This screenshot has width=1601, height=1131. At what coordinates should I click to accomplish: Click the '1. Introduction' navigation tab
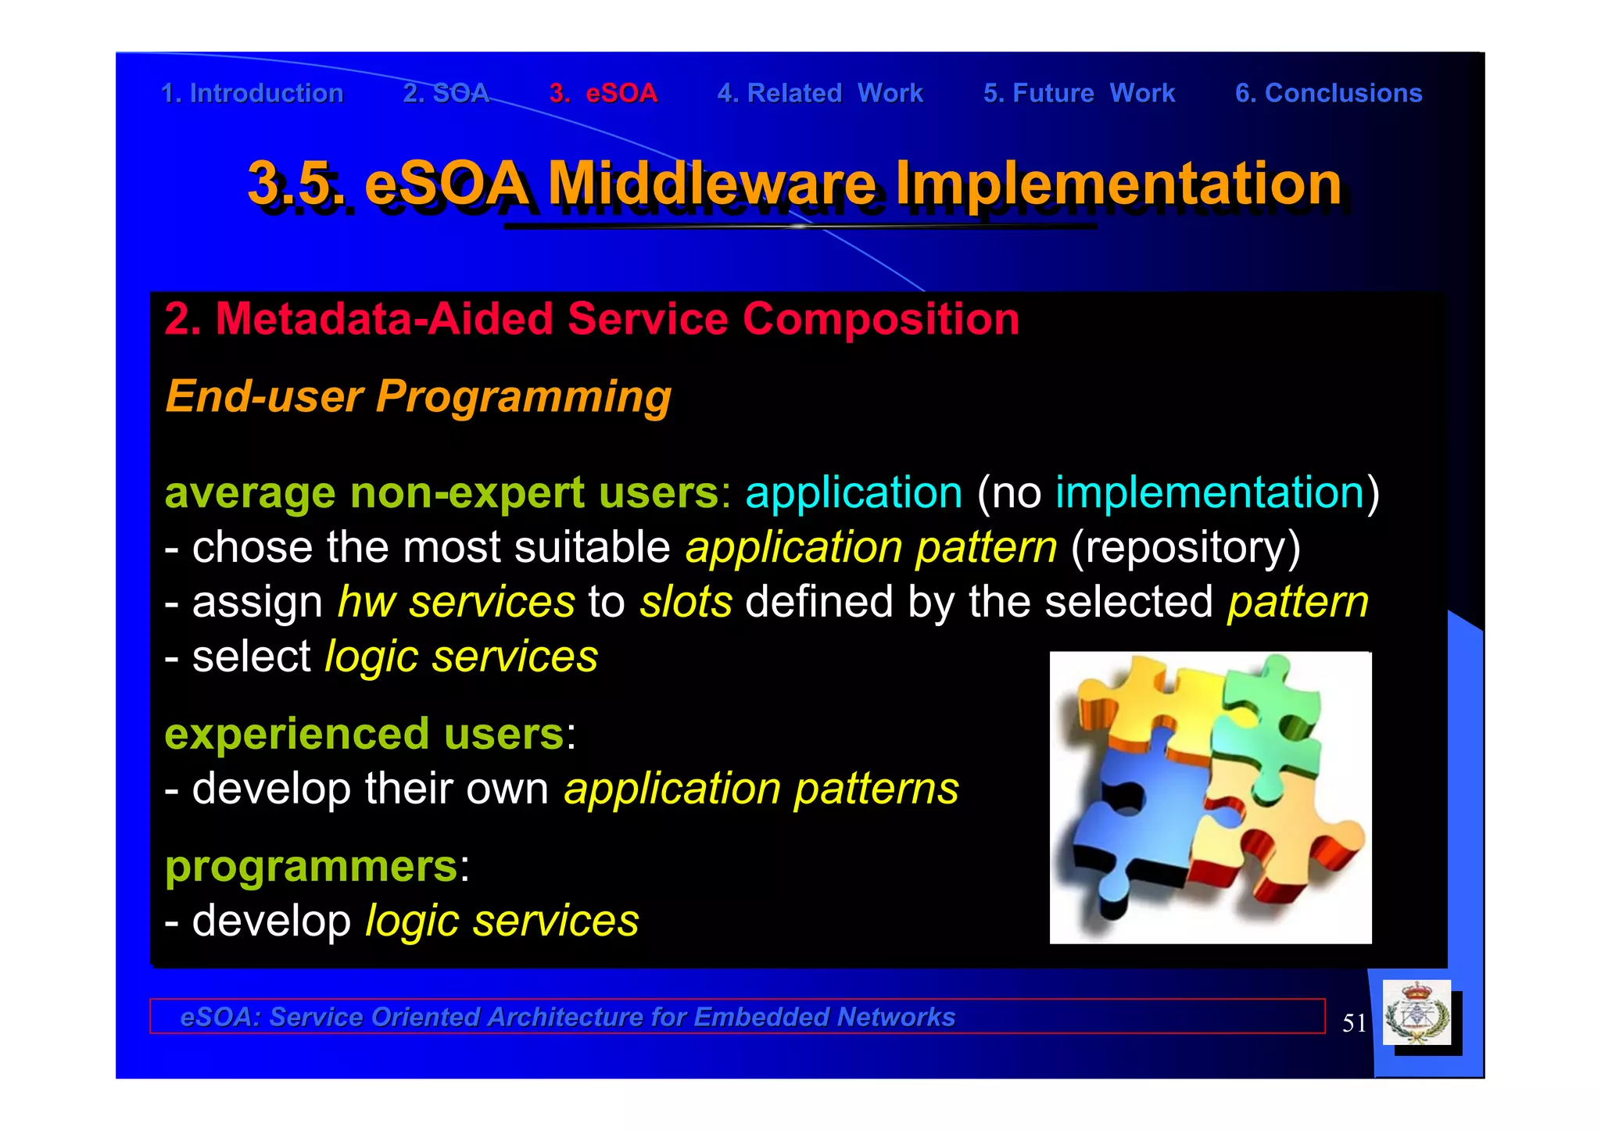252,94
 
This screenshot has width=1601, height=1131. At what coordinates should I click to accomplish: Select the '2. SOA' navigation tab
446,94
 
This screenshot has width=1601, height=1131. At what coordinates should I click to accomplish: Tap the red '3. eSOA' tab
603,94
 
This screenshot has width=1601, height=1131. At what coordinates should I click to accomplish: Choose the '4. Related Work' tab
819,94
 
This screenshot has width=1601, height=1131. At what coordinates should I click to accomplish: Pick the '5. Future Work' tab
1079,94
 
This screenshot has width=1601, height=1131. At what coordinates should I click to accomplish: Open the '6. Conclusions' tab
1328,94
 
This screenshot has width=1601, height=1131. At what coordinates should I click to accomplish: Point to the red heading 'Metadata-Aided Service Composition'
592,320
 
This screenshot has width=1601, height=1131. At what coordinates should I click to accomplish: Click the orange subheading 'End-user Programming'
418,396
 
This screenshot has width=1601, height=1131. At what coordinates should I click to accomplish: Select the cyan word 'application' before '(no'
853,493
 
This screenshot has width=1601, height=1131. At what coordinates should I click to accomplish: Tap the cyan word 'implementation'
1209,493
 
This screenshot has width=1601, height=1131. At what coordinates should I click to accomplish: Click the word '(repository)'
1185,547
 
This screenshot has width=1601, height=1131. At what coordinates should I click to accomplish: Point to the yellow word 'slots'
686,602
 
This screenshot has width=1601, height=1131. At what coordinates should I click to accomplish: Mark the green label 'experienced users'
364,735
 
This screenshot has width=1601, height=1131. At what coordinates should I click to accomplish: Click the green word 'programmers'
311,867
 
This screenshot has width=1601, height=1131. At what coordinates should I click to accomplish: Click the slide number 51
1354,1023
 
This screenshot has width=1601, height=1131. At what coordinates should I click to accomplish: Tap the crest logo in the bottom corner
1417,1014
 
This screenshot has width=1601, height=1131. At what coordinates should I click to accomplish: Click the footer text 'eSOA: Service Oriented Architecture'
568,1017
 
